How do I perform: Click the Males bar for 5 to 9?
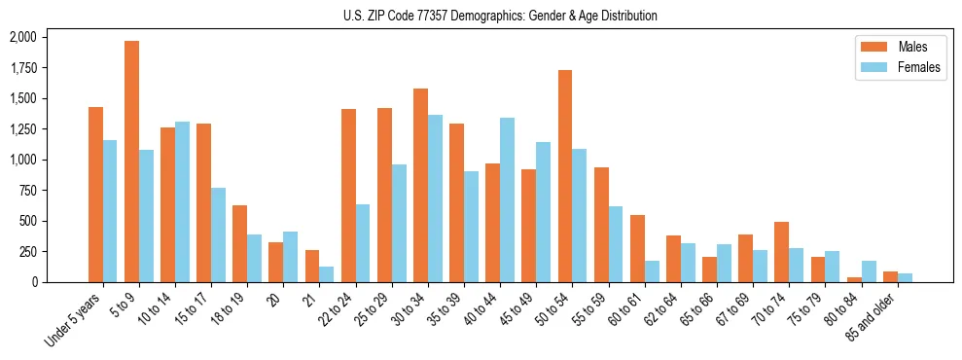(x=131, y=162)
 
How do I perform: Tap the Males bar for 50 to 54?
(x=565, y=176)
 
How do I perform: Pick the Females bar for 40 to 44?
(x=507, y=199)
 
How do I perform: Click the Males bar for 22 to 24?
(x=348, y=196)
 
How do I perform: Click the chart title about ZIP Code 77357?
(x=500, y=16)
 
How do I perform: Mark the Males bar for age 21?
(x=312, y=266)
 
